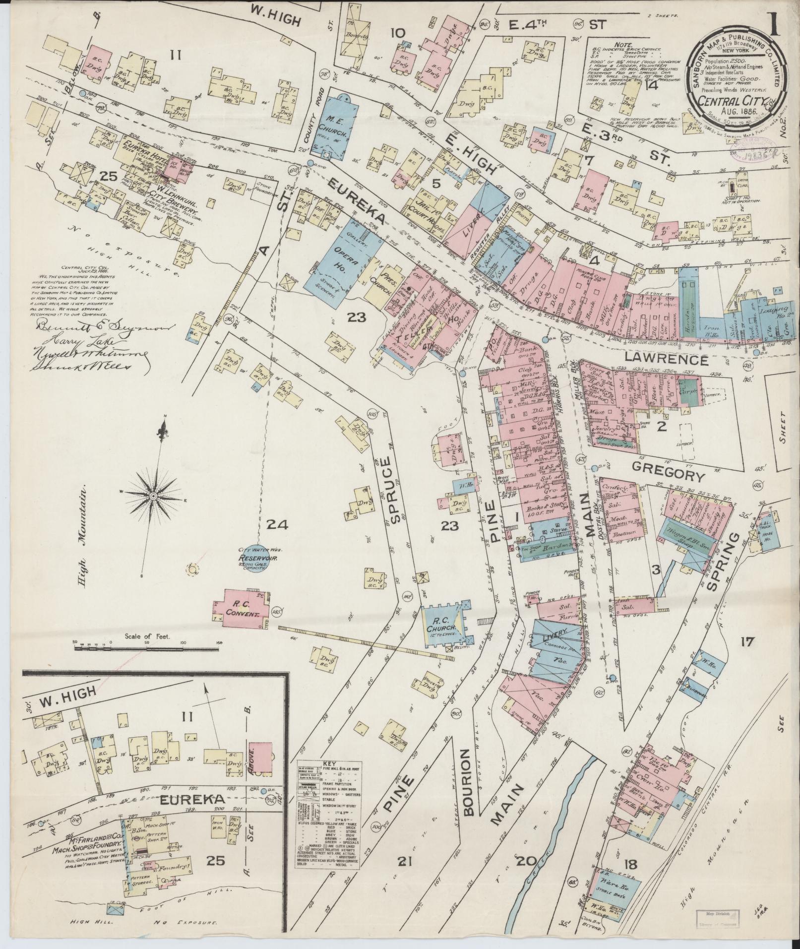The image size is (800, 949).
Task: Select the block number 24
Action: [277, 524]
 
